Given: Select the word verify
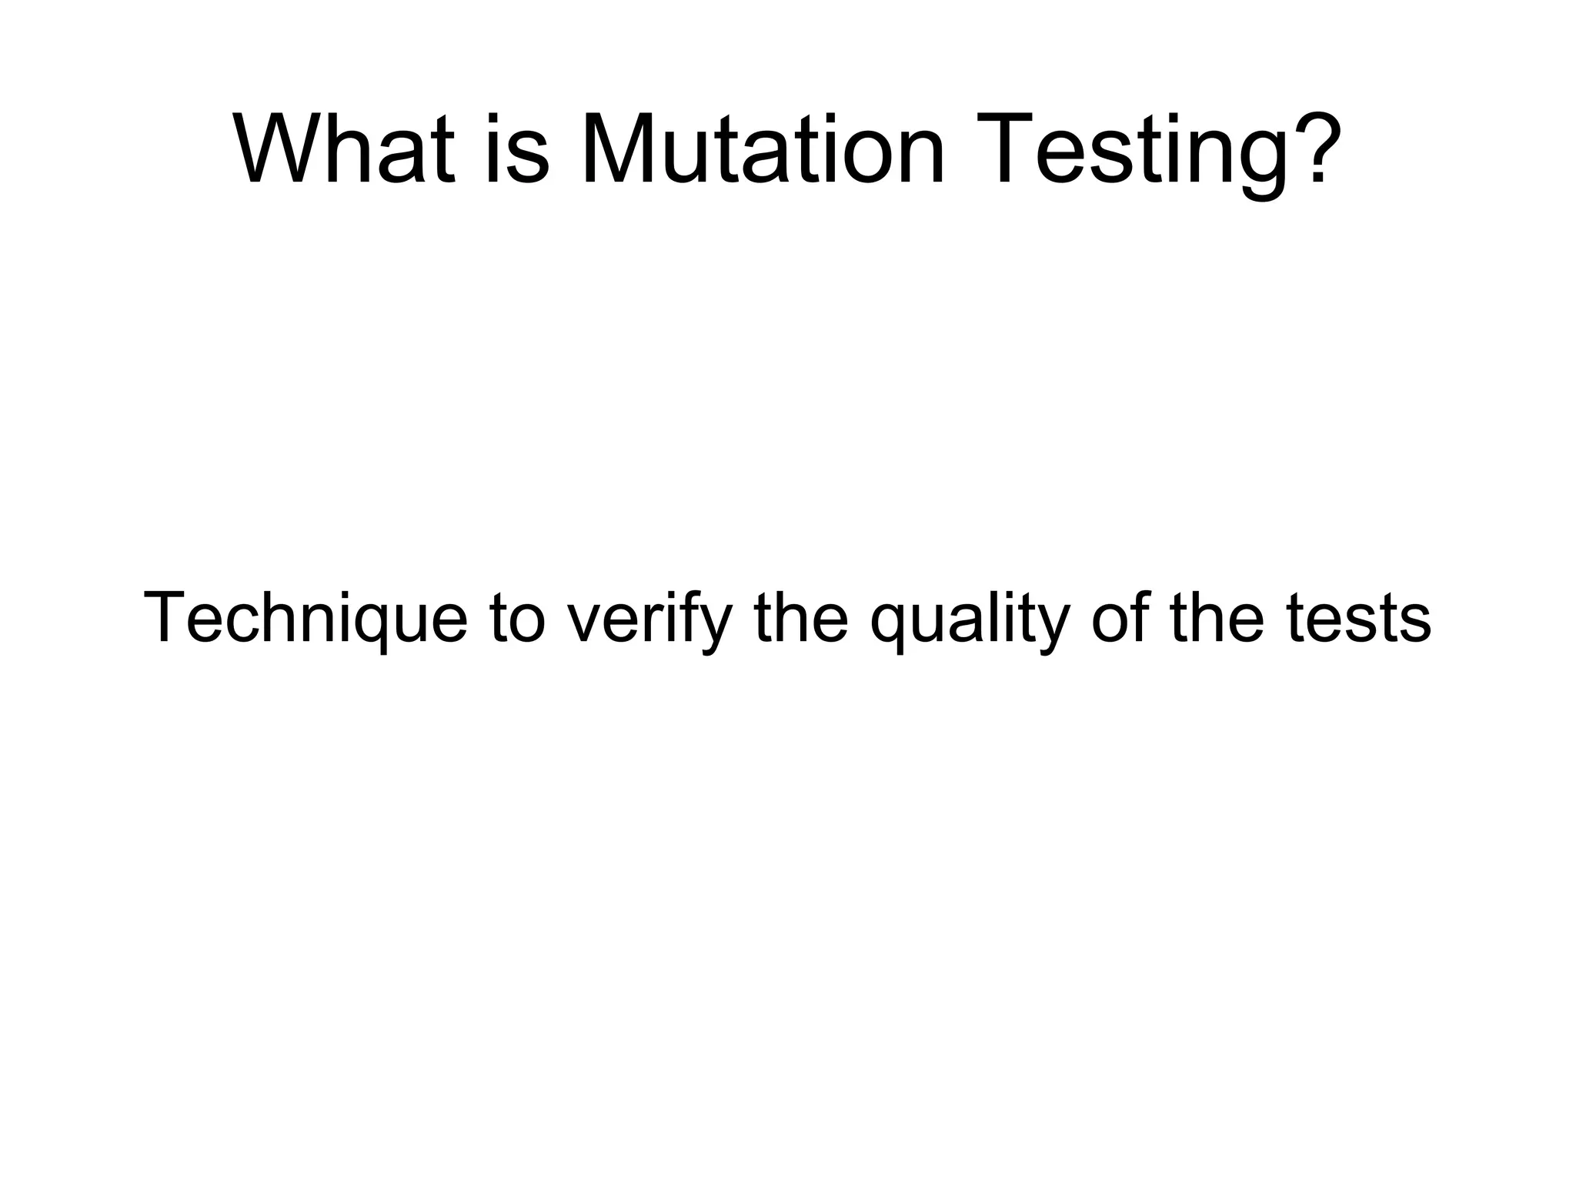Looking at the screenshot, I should click(649, 620).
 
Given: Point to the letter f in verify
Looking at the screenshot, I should click(701, 616).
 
